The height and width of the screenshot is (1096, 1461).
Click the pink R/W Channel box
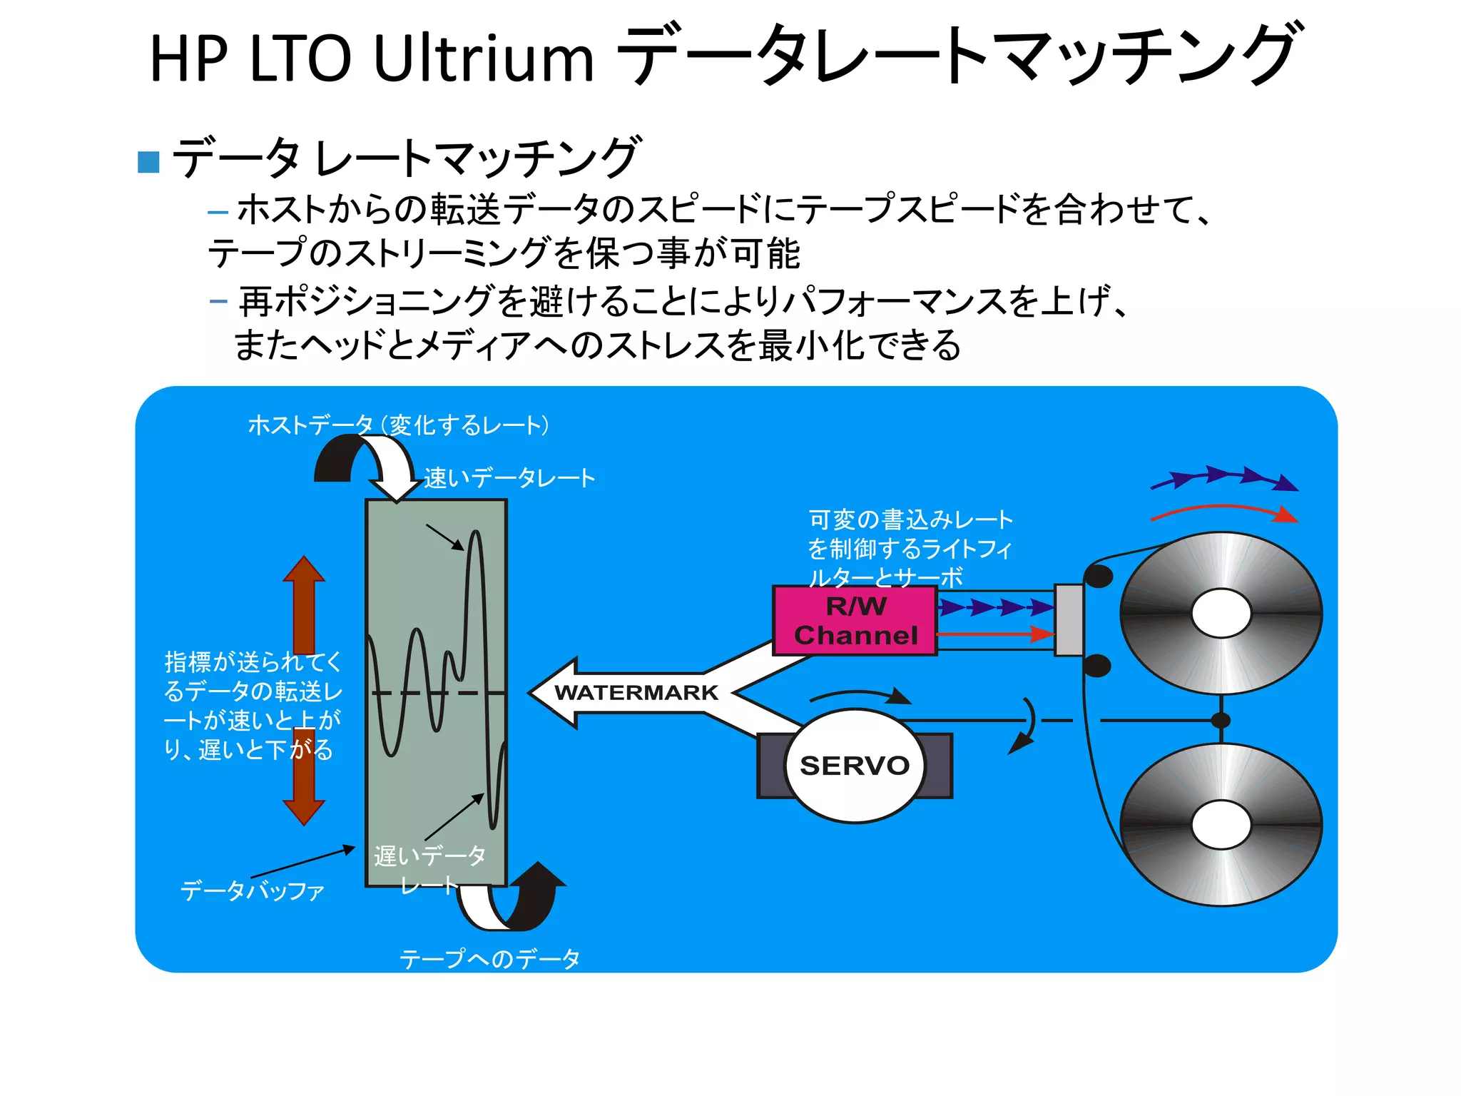point(855,620)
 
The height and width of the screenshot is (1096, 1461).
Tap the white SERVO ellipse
point(854,765)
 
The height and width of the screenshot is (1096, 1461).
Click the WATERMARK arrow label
point(636,692)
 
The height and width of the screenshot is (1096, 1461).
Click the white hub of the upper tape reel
point(1221,613)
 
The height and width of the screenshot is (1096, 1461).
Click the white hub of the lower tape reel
point(1221,825)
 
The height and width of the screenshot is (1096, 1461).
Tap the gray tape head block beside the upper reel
point(1068,619)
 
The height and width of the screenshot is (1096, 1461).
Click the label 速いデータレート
point(509,478)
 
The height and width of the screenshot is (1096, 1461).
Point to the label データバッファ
point(253,890)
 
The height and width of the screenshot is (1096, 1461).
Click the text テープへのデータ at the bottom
point(489,958)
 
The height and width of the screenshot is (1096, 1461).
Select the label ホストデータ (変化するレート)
point(398,425)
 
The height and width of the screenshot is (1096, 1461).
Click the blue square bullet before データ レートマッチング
point(148,162)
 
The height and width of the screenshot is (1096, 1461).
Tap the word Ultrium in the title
point(483,59)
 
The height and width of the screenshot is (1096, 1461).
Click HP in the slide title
point(188,59)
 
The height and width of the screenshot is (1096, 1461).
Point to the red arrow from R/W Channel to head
point(995,634)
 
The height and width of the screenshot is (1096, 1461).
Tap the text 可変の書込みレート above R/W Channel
point(910,519)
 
